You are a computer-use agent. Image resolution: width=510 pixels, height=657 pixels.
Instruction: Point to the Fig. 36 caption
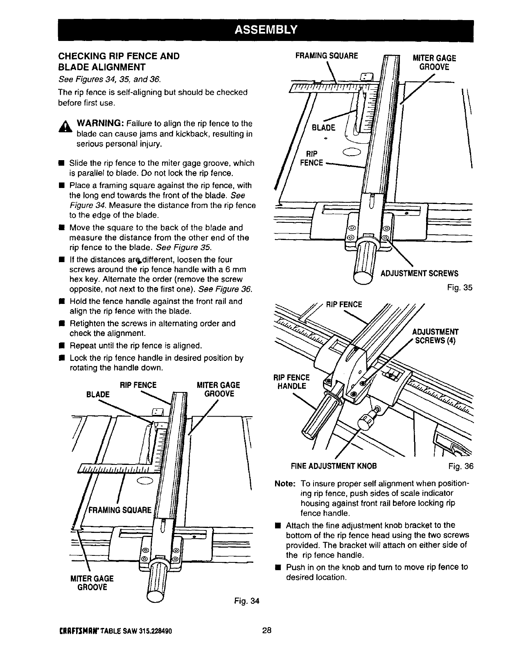point(460,466)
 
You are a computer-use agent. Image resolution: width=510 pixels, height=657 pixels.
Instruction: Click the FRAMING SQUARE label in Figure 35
point(327,55)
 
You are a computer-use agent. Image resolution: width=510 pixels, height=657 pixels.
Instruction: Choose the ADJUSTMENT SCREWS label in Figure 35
point(420,274)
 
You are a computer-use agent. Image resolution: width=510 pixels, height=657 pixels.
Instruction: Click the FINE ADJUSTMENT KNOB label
point(334,466)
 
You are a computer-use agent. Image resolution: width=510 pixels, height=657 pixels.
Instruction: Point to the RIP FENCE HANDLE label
point(291,382)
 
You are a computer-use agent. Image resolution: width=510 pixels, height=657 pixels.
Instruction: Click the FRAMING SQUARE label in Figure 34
point(120,510)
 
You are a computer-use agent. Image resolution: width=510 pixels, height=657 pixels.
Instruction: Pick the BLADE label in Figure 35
point(323,127)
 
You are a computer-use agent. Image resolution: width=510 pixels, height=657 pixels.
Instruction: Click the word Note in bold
point(284,483)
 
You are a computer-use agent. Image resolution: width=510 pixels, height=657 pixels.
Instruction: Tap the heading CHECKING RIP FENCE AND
point(119,56)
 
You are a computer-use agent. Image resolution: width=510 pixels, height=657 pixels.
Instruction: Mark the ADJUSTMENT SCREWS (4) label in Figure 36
point(435,336)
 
